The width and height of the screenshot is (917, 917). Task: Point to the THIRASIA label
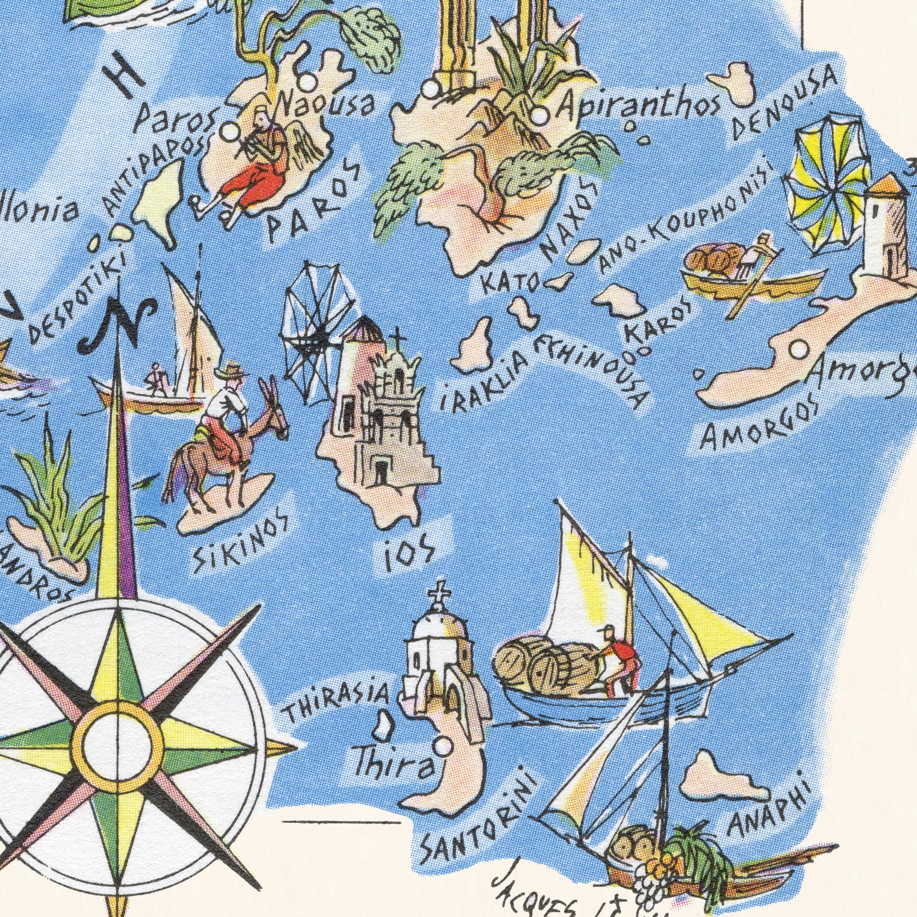[x=337, y=707]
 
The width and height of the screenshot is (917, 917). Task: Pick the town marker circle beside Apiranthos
[x=539, y=116]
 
